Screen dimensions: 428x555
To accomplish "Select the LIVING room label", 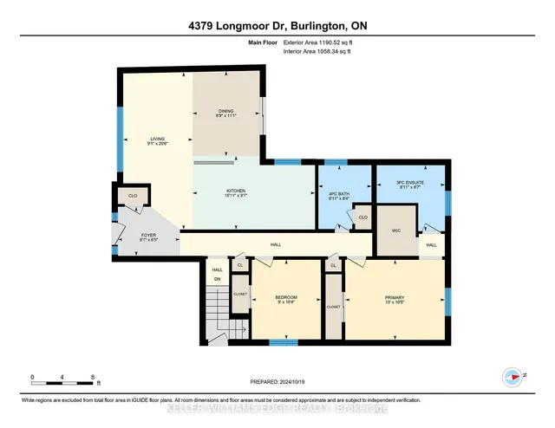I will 157,141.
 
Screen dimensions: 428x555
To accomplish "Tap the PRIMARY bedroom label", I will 395,299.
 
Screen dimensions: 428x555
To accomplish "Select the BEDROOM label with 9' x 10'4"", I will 285,299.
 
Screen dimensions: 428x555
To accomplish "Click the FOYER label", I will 148,237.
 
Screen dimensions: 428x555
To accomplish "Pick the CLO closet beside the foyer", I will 133,197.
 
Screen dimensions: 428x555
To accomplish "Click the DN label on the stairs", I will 217,279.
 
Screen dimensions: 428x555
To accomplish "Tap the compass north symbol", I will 514,376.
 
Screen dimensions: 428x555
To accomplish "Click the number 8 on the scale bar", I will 92,377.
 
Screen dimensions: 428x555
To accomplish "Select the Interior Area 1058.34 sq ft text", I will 323,51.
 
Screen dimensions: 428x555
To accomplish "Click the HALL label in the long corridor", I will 275,245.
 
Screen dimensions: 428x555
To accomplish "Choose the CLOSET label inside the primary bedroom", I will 334,307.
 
